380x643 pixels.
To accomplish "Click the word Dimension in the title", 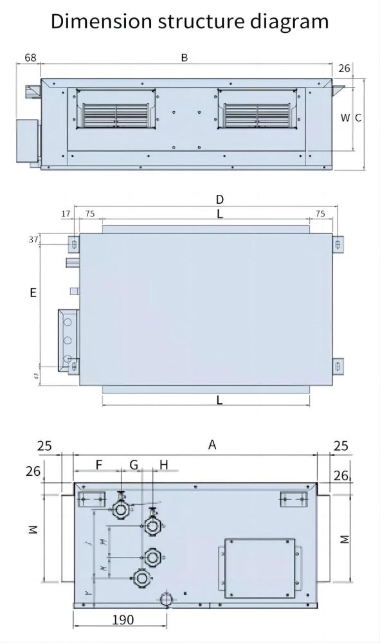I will click(102, 21).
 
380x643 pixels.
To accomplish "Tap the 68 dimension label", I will click(30, 58).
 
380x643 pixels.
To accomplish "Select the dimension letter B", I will click(184, 58).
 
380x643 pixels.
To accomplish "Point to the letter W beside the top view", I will click(345, 118).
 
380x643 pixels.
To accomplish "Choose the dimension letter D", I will click(219, 199).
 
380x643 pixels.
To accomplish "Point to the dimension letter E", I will click(33, 293).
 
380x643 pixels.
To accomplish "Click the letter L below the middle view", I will click(219, 400).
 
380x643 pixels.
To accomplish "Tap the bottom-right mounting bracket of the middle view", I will click(339, 366).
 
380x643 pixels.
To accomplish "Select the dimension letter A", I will click(212, 445).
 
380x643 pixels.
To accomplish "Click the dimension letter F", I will click(98, 464).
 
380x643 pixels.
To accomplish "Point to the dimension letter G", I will click(134, 464).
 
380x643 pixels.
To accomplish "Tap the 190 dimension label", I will click(123, 620).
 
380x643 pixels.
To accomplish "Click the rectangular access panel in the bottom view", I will click(259, 566).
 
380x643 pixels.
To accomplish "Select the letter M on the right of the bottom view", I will click(345, 538).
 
